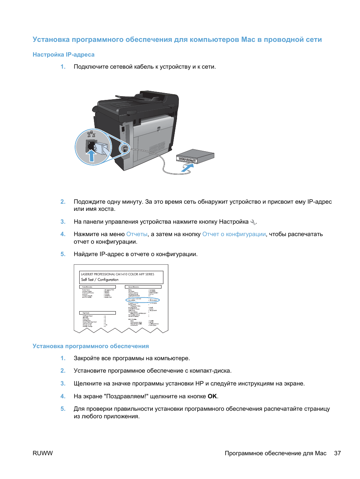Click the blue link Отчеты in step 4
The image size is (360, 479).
(137, 234)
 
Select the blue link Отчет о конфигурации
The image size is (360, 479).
(234, 234)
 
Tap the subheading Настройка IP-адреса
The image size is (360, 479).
(63, 55)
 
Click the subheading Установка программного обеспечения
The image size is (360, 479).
(91, 346)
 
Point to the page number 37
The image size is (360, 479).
(337, 453)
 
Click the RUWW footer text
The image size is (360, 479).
(43, 453)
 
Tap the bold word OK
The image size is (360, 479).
(212, 396)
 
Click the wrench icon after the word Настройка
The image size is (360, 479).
(253, 222)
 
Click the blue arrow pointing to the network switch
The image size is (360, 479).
(187, 167)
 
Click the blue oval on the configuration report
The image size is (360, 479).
(143, 300)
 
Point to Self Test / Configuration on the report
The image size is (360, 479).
(100, 280)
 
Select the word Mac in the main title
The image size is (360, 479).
(248, 40)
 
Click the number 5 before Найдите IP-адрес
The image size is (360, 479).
(63, 254)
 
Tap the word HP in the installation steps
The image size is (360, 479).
(199, 384)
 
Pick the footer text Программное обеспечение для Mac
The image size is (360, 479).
(275, 453)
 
